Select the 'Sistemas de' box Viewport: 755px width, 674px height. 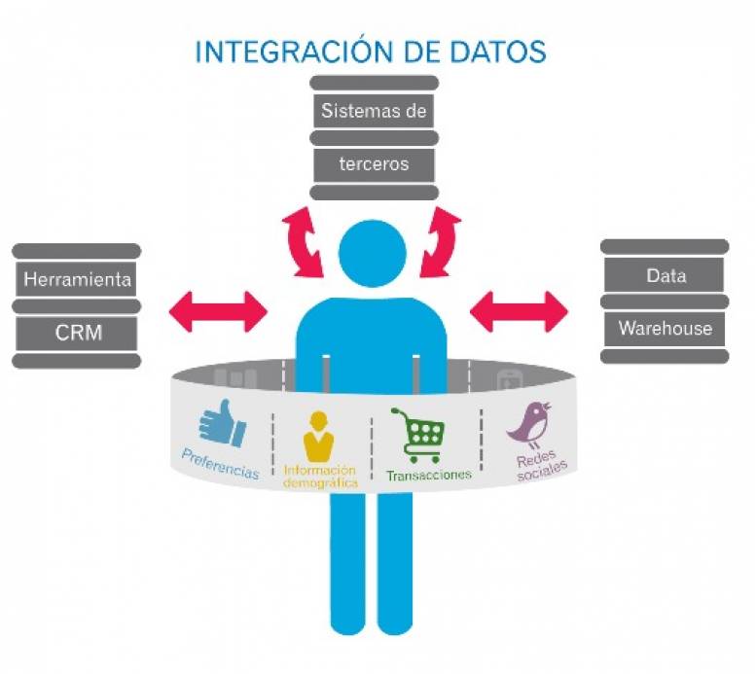[x=374, y=111]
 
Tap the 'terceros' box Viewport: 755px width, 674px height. [x=374, y=163]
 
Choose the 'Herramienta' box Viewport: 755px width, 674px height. [x=77, y=280]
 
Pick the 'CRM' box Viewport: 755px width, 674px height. [x=77, y=334]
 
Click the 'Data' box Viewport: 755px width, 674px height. [x=665, y=275]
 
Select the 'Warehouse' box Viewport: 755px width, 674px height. [x=665, y=329]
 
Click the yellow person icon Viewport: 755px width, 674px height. [x=318, y=436]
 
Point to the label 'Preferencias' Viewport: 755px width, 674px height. [x=220, y=464]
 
